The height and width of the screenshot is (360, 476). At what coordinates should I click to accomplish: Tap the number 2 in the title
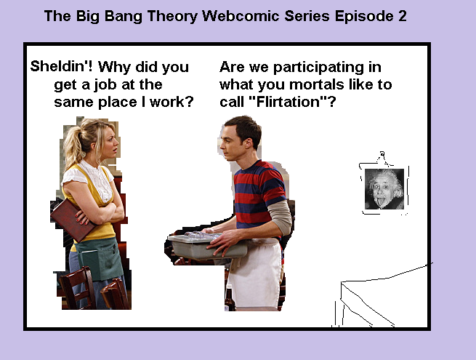point(403,16)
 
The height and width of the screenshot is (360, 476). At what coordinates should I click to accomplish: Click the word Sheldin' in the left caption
point(62,66)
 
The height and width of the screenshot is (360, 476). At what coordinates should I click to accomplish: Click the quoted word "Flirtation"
point(288,102)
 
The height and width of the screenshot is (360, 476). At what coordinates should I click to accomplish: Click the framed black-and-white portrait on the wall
point(384,189)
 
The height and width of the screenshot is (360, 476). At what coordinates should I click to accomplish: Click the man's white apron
point(256,273)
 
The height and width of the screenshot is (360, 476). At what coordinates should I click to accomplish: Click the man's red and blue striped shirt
point(258,194)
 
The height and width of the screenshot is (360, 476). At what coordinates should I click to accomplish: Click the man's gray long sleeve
point(280,218)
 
